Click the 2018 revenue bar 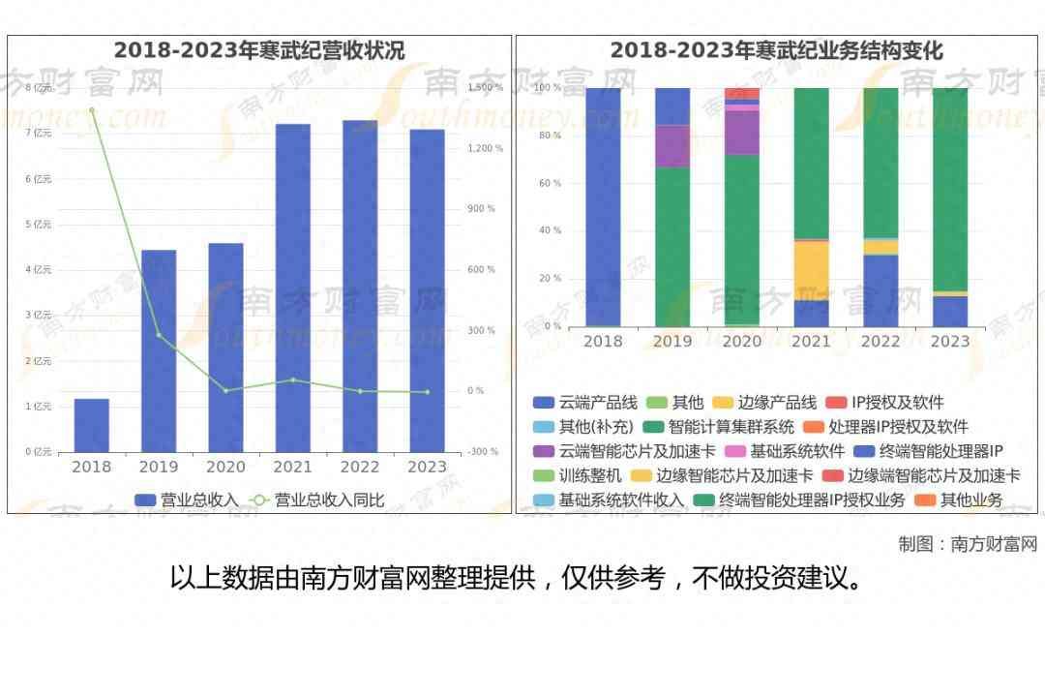point(92,425)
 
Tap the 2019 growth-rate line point point(159,335)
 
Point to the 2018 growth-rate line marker point(92,110)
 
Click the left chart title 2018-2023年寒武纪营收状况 point(259,50)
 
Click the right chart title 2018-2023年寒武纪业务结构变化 point(777,50)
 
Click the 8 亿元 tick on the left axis point(38,88)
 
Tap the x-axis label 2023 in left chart point(427,467)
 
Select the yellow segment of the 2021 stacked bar point(812,270)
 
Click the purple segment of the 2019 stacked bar point(672,146)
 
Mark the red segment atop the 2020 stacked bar point(742,93)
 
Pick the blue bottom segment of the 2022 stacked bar point(881,290)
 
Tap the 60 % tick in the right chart point(549,183)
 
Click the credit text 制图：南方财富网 point(967,544)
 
